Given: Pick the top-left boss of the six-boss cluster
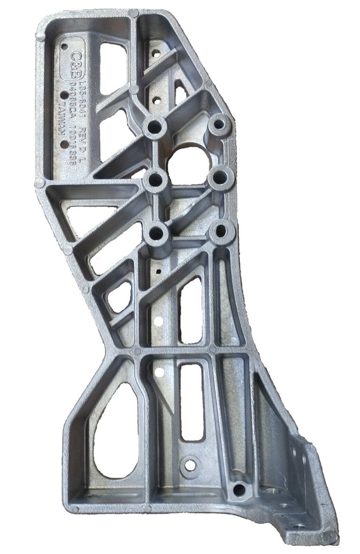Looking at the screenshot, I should [x=155, y=128].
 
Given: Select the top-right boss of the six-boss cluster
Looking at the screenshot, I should [x=219, y=124].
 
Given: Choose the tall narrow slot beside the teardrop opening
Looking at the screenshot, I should [x=191, y=400].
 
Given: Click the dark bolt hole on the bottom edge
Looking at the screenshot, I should [x=238, y=490].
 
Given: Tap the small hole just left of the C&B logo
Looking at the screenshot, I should [x=64, y=47].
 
